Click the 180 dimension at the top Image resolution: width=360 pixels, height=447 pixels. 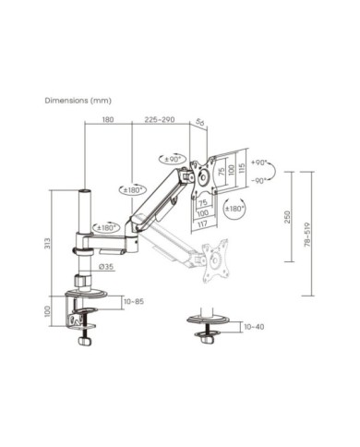pyautogui.click(x=108, y=119)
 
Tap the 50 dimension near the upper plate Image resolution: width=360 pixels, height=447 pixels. pyautogui.click(x=200, y=119)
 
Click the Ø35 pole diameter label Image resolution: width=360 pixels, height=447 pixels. pyautogui.click(x=108, y=267)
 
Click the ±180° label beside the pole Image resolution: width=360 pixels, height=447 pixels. pyautogui.click(x=103, y=226)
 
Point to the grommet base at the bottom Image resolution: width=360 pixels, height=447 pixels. pyautogui.click(x=210, y=325)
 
